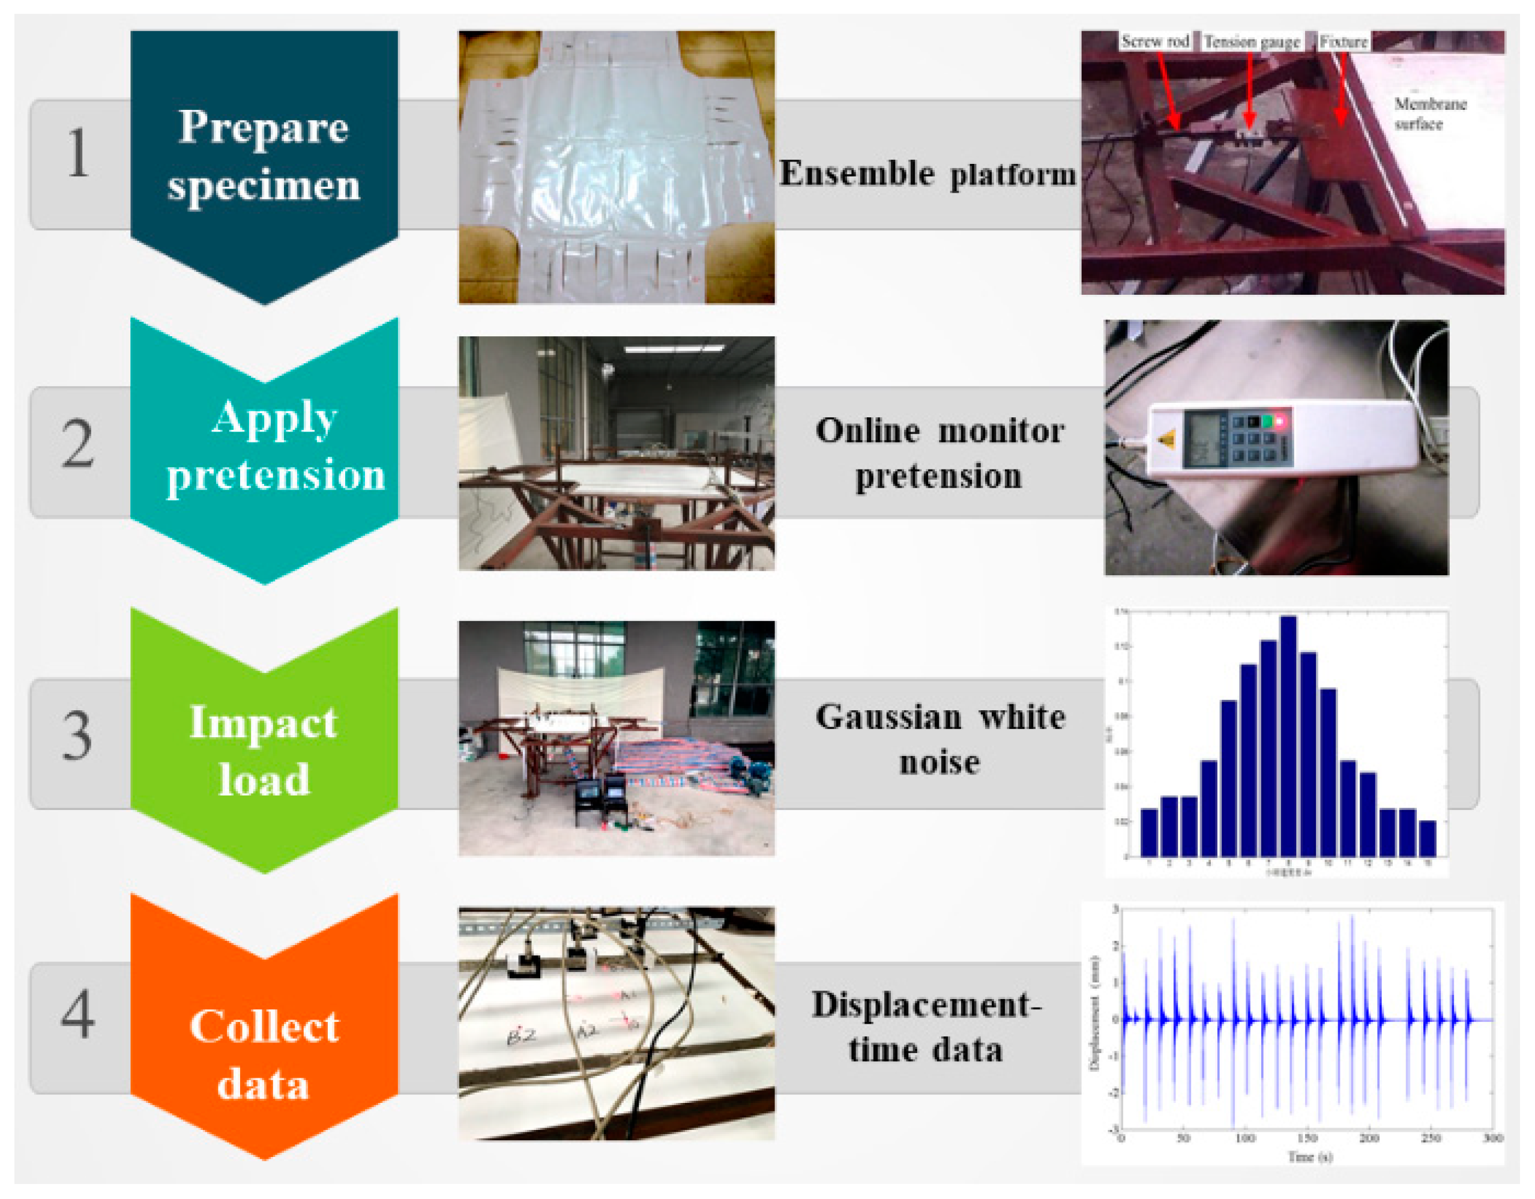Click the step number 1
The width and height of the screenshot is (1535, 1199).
click(78, 153)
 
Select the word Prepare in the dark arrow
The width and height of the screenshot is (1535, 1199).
click(264, 128)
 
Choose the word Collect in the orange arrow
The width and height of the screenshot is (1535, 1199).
click(264, 1026)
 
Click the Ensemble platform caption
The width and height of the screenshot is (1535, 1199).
click(927, 174)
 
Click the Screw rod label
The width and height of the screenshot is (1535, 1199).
click(1155, 41)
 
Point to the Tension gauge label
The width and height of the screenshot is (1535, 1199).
click(1252, 42)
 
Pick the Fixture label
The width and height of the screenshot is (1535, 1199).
click(1343, 41)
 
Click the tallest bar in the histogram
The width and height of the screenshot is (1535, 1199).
click(1288, 734)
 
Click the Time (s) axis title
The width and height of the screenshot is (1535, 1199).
click(1309, 1156)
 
